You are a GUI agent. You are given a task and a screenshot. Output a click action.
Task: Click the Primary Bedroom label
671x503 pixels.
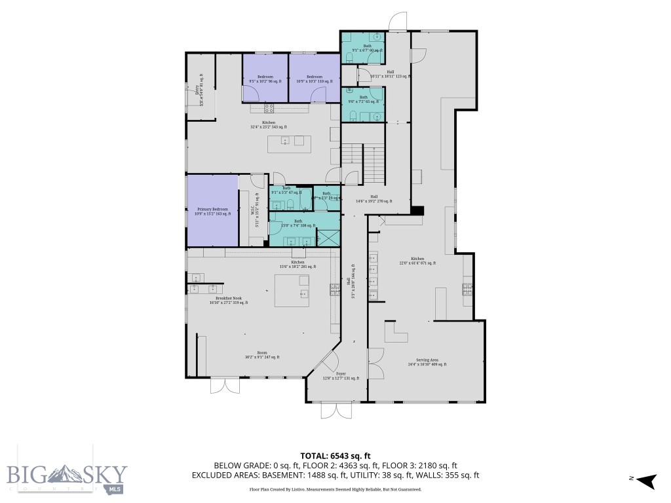pyautogui.click(x=212, y=211)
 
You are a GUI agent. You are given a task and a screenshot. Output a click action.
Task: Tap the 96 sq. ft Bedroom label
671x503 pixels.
pyautogui.click(x=265, y=79)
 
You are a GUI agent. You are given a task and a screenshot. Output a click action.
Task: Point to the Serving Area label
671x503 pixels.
pyautogui.click(x=427, y=362)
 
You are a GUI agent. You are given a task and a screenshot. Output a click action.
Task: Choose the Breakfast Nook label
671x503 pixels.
pyautogui.click(x=228, y=300)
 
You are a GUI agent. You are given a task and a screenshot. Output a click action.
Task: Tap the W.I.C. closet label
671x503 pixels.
pyautogui.click(x=251, y=211)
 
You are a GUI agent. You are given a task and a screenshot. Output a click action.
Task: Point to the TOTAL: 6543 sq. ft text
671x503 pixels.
pyautogui.click(x=335, y=455)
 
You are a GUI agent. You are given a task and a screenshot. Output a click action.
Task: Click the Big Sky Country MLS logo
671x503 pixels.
pyautogui.click(x=66, y=477)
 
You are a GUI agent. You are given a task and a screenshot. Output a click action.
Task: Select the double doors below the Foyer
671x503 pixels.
pyautogui.click(x=336, y=411)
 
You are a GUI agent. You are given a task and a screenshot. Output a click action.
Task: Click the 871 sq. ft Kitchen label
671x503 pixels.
pyautogui.click(x=417, y=261)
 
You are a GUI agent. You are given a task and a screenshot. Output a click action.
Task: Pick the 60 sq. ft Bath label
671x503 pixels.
pyautogui.click(x=367, y=48)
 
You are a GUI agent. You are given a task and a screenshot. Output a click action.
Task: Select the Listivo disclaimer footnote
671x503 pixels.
pyautogui.click(x=335, y=489)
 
